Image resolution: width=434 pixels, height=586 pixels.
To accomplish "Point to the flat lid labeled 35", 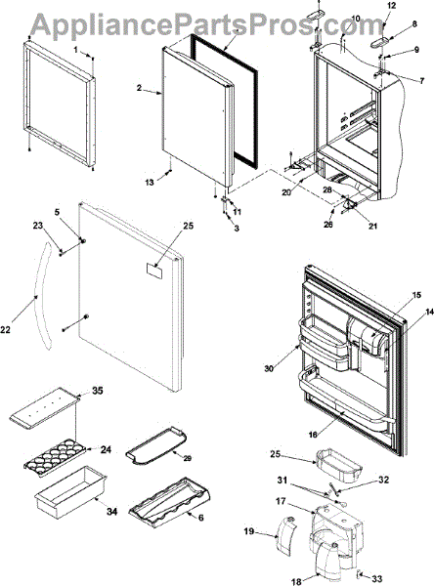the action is coord(45,407).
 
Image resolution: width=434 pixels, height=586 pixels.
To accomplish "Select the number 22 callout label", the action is coord(5,330).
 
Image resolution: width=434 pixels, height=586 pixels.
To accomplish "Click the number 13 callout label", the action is coord(150,183).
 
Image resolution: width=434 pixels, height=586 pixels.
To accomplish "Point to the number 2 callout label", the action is coord(139,88).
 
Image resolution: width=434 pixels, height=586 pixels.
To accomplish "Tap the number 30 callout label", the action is coord(269,368).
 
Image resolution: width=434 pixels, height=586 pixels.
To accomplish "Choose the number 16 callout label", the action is coord(313,435).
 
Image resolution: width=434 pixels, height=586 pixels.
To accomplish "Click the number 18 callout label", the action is coord(296,581).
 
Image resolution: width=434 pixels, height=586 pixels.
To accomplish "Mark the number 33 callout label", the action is coord(377,578).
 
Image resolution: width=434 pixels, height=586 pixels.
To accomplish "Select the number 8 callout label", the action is coord(414,24).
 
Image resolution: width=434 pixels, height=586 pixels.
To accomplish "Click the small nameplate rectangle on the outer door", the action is coord(154,270).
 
